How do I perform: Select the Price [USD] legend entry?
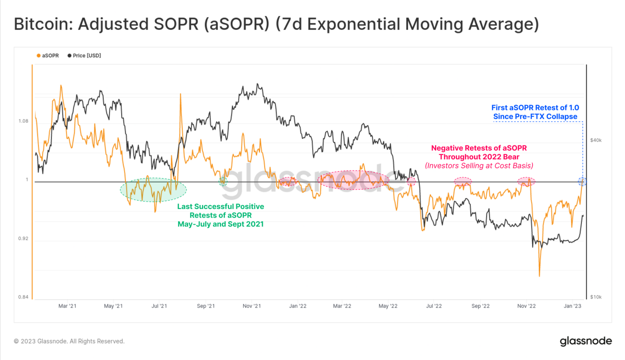[84, 56]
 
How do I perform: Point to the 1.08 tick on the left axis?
[23, 121]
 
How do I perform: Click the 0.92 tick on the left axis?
[23, 239]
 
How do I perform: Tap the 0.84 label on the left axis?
[23, 297]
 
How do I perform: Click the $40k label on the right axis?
[596, 140]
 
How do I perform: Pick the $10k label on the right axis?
[596, 297]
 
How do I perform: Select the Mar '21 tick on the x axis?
[67, 306]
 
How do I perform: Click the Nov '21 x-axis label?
[251, 306]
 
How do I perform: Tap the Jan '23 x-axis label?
[572, 306]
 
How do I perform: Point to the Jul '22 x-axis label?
[434, 306]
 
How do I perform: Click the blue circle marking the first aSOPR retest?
[582, 181]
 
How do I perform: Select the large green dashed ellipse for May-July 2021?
[153, 190]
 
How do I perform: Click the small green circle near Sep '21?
[223, 181]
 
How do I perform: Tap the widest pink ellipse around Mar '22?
[353, 180]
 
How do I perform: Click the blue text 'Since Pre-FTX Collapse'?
[535, 117]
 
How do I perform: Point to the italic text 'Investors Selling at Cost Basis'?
[479, 166]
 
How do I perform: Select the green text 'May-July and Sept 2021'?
[221, 224]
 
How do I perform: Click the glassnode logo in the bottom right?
[586, 341]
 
